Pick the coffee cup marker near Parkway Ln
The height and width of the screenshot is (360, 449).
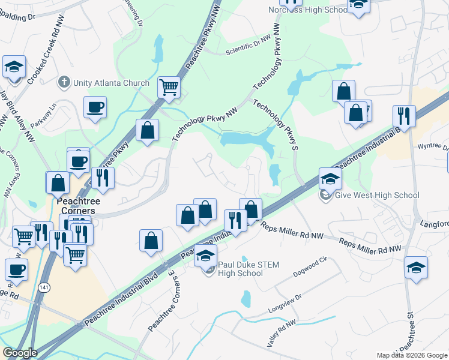[x=95, y=108]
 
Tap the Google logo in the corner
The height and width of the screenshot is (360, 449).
[x=20, y=353]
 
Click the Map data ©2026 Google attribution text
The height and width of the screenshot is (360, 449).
[x=411, y=355]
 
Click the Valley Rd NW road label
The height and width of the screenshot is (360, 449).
[x=282, y=332]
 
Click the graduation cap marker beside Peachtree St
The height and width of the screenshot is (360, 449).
[x=416, y=268]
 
